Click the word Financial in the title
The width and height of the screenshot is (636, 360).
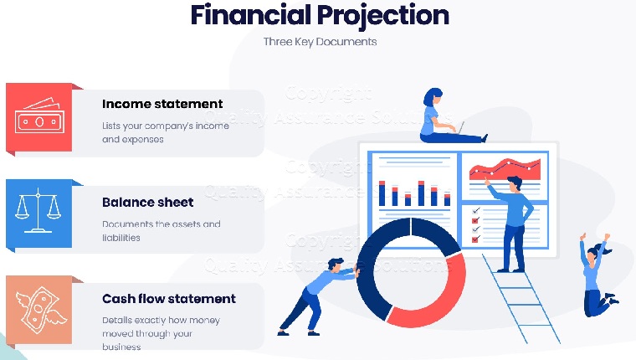tap(251, 14)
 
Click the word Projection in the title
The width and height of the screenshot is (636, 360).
tap(383, 16)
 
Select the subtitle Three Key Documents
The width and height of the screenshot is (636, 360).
tap(320, 42)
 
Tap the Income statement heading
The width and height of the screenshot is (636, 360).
tap(162, 104)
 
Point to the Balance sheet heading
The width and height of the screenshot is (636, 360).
tap(147, 202)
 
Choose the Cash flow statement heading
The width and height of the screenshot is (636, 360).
tap(169, 299)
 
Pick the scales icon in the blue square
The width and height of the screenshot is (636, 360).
tap(38, 210)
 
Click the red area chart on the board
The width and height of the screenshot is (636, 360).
tap(505, 169)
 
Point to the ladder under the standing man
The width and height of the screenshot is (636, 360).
tap(521, 299)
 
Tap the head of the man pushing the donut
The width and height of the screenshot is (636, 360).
tap(336, 265)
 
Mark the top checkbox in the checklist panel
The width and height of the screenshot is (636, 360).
tap(476, 211)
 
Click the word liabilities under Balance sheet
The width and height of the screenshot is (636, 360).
tap(121, 238)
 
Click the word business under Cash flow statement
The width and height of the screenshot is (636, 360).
tap(121, 347)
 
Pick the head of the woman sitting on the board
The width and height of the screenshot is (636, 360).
tap(433, 96)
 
